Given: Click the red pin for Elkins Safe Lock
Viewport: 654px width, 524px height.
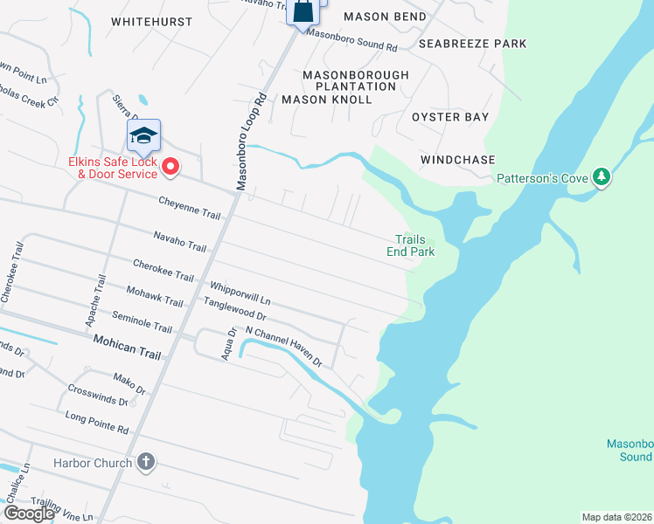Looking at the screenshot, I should pyautogui.click(x=170, y=165).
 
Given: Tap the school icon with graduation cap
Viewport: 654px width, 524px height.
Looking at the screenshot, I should pyautogui.click(x=143, y=134).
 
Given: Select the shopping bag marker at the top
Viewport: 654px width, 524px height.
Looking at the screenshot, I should pyautogui.click(x=303, y=11).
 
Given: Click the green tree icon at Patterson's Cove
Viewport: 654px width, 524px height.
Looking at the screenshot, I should pyautogui.click(x=601, y=177).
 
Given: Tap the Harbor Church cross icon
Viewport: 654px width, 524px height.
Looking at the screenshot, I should pyautogui.click(x=146, y=462).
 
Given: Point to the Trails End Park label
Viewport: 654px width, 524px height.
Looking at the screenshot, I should pyautogui.click(x=411, y=245).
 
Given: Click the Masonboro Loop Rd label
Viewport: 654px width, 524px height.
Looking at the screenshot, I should pyautogui.click(x=250, y=140).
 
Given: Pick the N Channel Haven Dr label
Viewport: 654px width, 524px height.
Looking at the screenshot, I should pyautogui.click(x=284, y=346).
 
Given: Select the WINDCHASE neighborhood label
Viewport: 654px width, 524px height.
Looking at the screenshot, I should pyautogui.click(x=457, y=160).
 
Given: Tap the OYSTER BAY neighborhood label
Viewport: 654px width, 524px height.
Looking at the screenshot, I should pyautogui.click(x=450, y=116).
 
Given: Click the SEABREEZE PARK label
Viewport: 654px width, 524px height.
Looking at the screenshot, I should pyautogui.click(x=472, y=43).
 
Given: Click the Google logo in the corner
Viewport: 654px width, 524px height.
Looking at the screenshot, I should pyautogui.click(x=28, y=514).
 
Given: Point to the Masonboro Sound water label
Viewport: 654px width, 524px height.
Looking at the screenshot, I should pyautogui.click(x=630, y=450).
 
